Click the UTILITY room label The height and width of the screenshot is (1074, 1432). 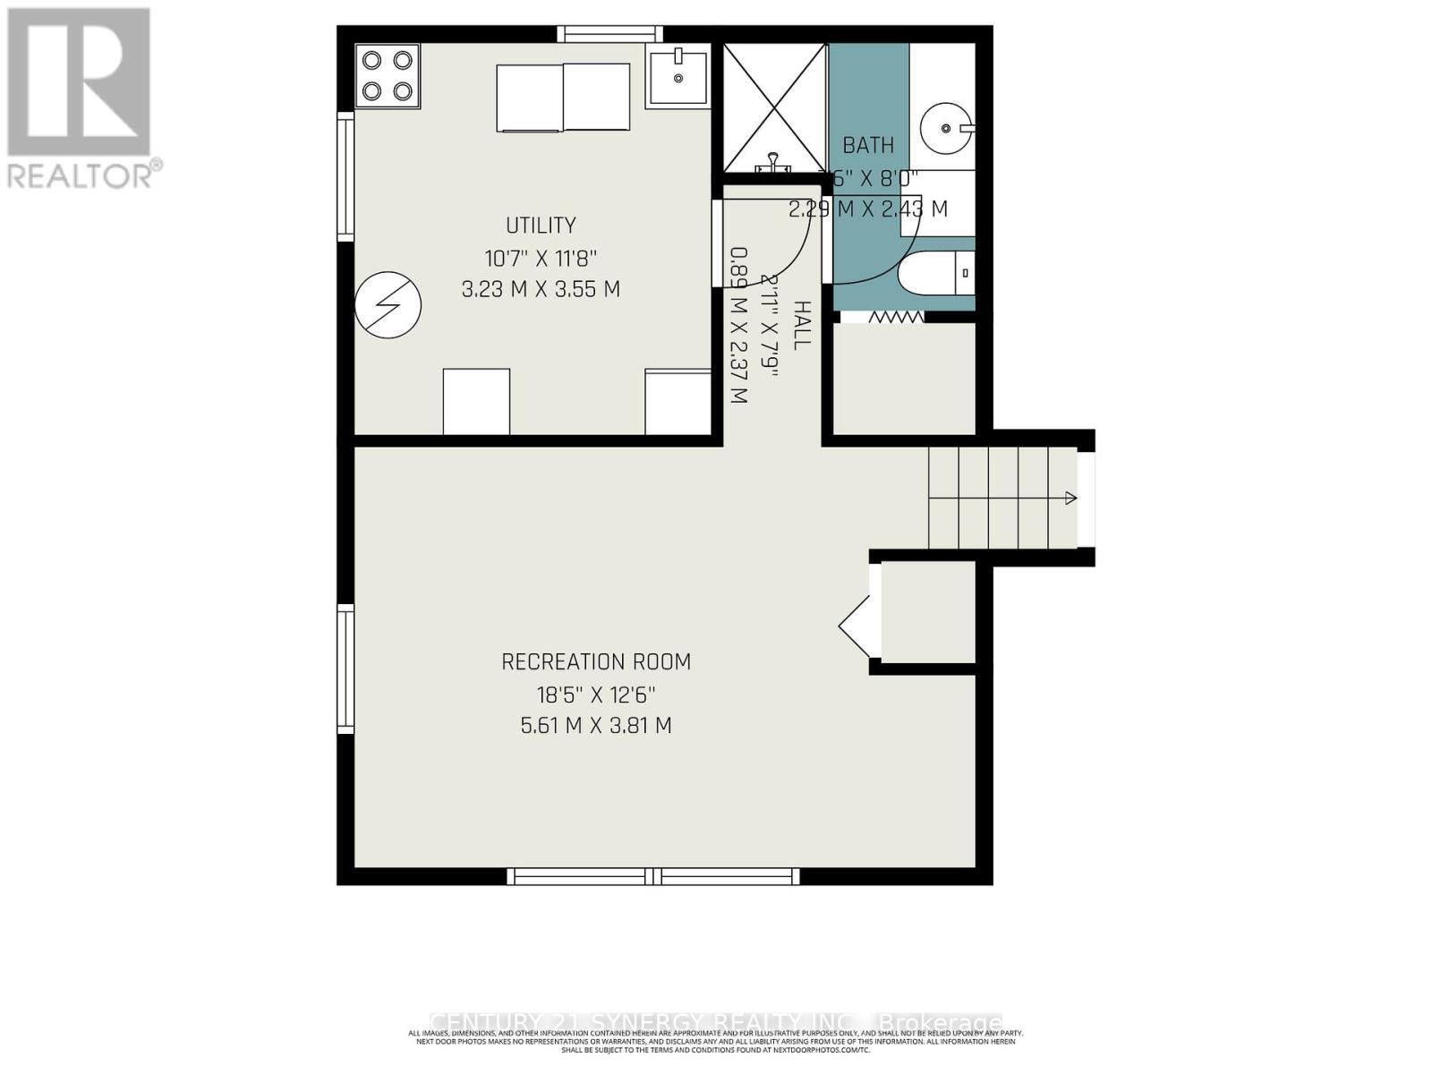[541, 225]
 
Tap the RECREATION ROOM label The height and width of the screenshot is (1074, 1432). [596, 662]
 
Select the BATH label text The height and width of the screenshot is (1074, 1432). [868, 145]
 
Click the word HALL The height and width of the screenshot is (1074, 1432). [801, 326]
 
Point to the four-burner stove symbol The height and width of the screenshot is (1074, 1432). [388, 75]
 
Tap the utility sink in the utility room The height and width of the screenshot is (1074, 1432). [678, 75]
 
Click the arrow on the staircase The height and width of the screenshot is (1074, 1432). [1070, 499]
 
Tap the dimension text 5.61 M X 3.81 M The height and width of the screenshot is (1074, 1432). [596, 725]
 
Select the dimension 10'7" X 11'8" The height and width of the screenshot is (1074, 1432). [541, 259]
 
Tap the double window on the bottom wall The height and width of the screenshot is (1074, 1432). [653, 876]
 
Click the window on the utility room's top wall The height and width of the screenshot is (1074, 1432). [611, 34]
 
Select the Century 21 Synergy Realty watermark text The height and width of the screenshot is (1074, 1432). [716, 1022]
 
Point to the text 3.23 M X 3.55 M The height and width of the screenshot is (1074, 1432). [541, 290]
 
